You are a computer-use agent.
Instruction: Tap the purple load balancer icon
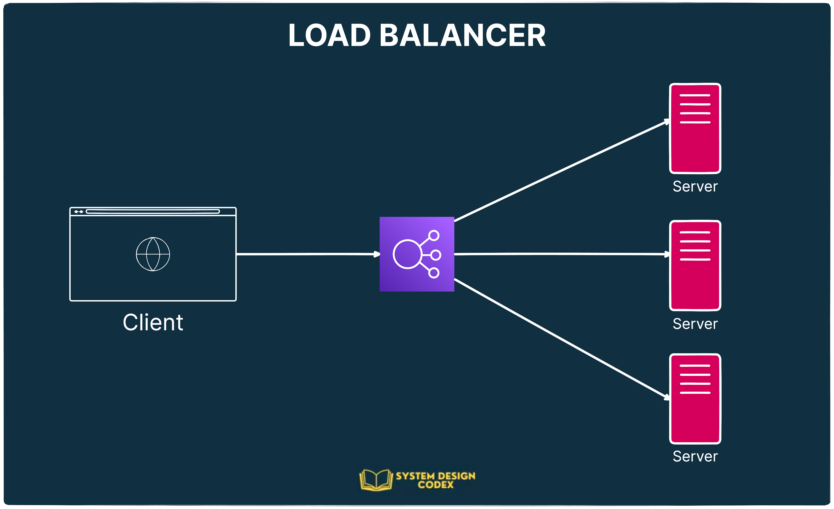[x=417, y=254]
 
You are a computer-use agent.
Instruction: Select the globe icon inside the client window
[x=153, y=254]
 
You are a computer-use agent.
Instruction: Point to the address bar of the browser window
[x=153, y=211]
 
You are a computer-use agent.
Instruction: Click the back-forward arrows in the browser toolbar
[x=79, y=211]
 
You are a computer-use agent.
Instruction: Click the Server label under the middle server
[x=695, y=324]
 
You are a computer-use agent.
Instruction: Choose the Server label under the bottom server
[x=695, y=456]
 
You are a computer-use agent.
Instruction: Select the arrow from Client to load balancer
[x=308, y=254]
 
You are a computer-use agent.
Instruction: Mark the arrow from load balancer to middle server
[x=562, y=254]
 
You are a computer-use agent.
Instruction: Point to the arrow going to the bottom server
[x=562, y=339]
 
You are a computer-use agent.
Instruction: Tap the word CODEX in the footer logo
[x=436, y=485]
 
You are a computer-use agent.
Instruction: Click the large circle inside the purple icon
[x=407, y=254]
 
